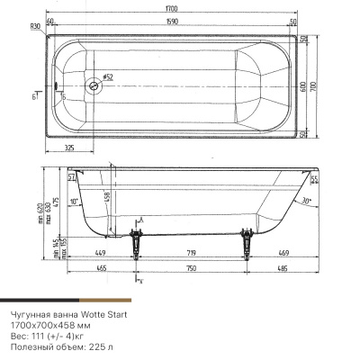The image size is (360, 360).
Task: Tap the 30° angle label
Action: [x=309, y=200]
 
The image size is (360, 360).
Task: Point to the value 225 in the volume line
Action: [x=96, y=345]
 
